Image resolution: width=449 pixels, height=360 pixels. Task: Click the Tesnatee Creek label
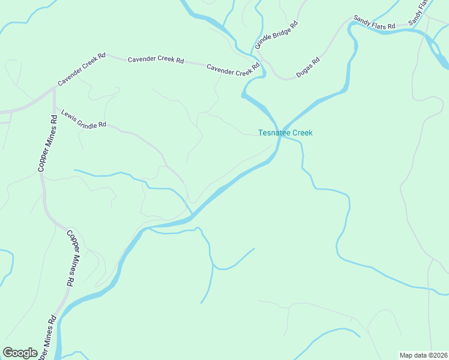point(285,133)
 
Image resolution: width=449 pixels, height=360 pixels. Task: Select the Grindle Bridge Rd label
point(276,35)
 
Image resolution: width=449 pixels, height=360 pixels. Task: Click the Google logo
point(20,353)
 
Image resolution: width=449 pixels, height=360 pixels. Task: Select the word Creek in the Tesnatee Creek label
point(302,133)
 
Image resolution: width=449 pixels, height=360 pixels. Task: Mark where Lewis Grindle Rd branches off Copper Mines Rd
point(55,109)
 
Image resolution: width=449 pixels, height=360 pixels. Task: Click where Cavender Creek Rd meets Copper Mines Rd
point(55,88)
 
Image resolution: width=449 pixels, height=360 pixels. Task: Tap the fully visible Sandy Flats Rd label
point(374,23)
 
